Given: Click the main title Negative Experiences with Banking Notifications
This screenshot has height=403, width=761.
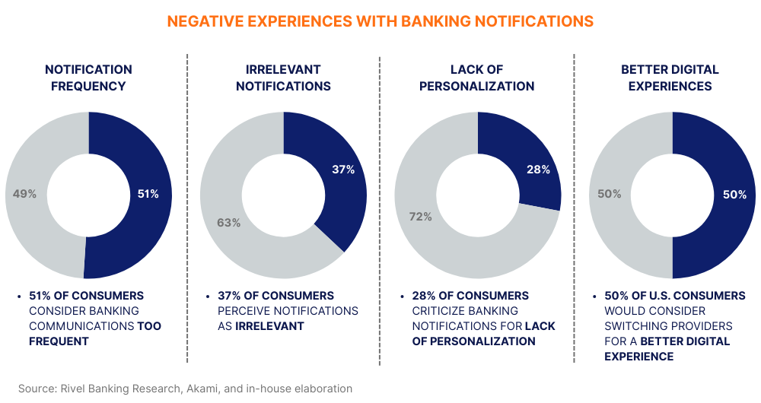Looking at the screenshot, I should [x=380, y=21].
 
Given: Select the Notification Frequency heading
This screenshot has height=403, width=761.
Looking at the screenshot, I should [x=88, y=78].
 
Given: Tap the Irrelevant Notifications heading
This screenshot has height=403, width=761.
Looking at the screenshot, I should [x=283, y=78].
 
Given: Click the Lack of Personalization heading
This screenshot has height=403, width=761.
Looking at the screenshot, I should [x=477, y=78].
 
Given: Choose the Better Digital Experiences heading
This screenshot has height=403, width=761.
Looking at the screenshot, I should [x=670, y=78].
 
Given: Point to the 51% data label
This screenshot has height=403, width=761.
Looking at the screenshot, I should [x=148, y=194].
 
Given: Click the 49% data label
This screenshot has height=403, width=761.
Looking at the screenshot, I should [x=25, y=194].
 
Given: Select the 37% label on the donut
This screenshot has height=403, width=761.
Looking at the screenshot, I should [x=343, y=170].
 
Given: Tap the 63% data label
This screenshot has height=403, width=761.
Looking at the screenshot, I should [x=229, y=223].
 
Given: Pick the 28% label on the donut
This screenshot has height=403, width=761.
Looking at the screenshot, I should [x=538, y=170].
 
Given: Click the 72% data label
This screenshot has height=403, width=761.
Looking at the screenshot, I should [x=420, y=217].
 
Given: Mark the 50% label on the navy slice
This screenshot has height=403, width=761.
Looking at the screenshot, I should [x=734, y=195].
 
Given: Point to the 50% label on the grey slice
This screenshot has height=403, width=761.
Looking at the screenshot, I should [x=609, y=195].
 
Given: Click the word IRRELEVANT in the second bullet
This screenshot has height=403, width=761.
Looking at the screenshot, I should [x=269, y=326].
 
